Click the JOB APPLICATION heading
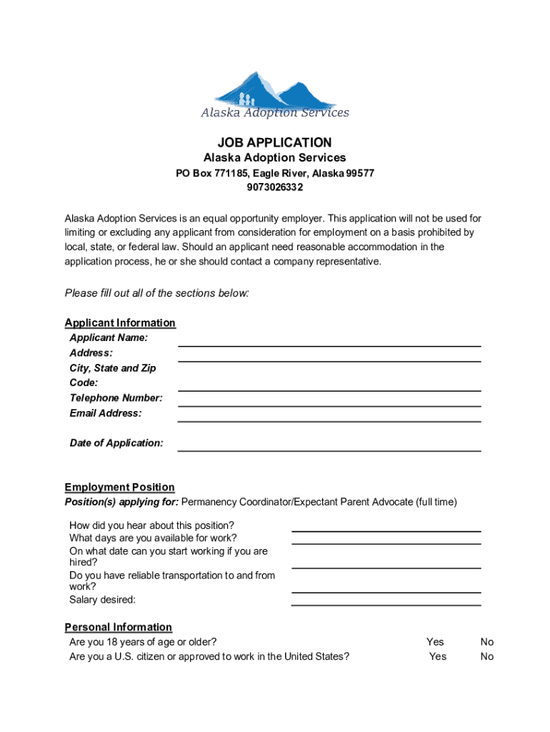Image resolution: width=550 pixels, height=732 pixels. (275, 143)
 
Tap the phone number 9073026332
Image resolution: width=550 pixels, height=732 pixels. (275, 187)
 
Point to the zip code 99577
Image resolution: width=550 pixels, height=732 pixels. (360, 173)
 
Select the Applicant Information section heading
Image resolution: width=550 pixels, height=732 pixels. (120, 322)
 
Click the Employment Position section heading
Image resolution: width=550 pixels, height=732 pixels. (119, 488)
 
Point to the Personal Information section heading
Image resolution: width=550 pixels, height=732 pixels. (118, 627)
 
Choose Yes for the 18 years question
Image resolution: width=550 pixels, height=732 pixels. (435, 642)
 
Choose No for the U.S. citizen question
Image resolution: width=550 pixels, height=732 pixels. (487, 656)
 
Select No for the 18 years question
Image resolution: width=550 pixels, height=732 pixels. (487, 642)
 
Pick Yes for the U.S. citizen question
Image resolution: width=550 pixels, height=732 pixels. (437, 656)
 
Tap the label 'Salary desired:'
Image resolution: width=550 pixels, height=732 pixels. (102, 600)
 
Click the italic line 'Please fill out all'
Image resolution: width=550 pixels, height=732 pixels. (156, 293)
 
